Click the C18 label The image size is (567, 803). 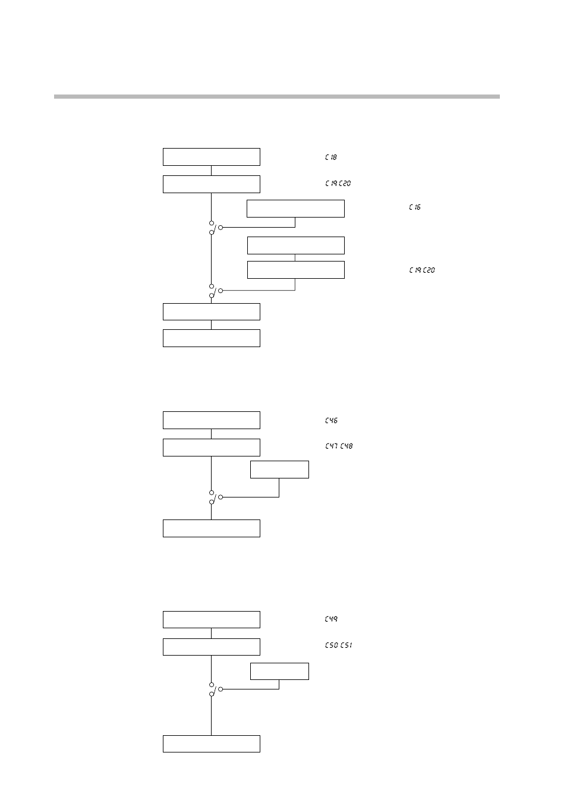[331, 158]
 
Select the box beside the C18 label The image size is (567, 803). [212, 157]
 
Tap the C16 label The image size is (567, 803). [415, 207]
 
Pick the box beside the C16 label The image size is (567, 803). [295, 209]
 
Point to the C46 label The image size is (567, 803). [332, 421]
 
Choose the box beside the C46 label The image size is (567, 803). [212, 420]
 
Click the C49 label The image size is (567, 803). [332, 619]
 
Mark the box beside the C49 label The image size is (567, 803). [212, 619]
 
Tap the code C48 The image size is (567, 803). [346, 446]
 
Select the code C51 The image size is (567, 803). [346, 645]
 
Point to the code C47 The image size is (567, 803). [332, 446]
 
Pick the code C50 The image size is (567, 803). [331, 645]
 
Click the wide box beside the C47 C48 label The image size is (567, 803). [212, 448]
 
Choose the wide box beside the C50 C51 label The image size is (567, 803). [212, 647]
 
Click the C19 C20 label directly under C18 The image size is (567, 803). [338, 184]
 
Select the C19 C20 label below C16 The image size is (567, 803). [422, 270]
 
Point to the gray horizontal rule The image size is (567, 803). [277, 96]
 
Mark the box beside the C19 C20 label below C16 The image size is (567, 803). [295, 270]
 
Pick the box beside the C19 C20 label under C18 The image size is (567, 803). [212, 184]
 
